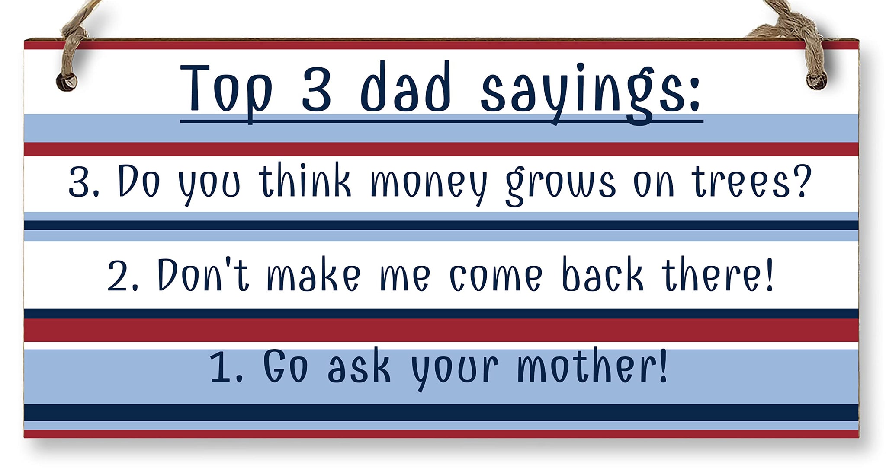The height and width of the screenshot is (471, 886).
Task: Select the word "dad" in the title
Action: coord(406,88)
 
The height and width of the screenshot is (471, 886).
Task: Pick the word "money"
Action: coord(428,184)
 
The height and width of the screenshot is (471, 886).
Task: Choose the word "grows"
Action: coord(561,184)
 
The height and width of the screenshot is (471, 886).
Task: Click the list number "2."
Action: coord(122,276)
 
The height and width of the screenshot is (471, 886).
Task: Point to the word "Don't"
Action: coord(203,274)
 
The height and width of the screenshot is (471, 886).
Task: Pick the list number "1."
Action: coord(225,367)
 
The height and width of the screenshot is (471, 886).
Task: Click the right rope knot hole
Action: coord(816,80)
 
